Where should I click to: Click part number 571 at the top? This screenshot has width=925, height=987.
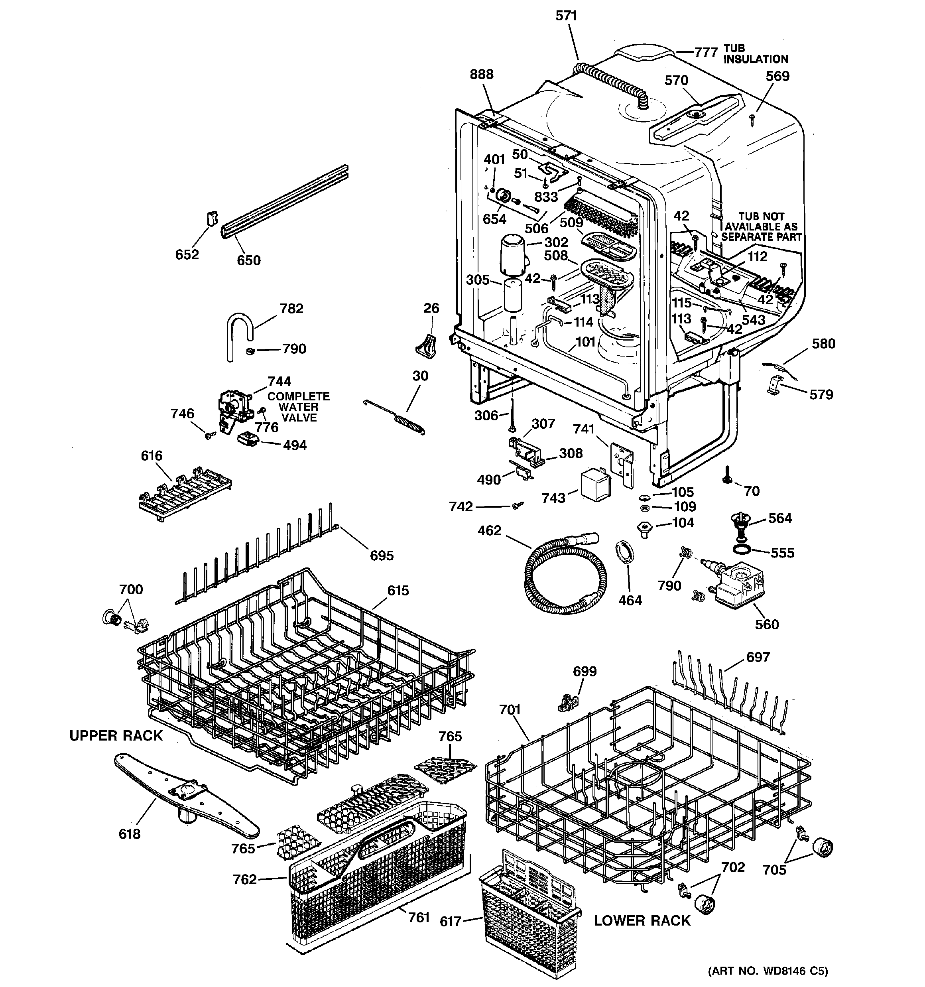(x=566, y=16)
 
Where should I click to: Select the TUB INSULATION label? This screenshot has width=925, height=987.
(x=755, y=53)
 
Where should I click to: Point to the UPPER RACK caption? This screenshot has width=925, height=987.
(x=116, y=735)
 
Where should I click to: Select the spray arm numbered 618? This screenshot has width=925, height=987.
(x=186, y=794)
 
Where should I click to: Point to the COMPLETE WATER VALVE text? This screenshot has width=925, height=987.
(x=298, y=407)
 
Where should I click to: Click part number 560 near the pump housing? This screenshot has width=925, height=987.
(x=767, y=624)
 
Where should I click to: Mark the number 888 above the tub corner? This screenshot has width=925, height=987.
(x=482, y=75)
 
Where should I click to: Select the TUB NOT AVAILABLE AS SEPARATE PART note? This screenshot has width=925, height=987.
(x=761, y=227)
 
